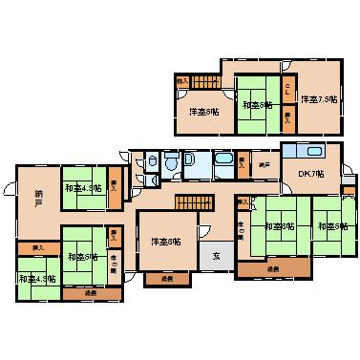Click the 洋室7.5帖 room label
pyautogui.click(x=319, y=98)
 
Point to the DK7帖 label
pyautogui.click(x=309, y=173)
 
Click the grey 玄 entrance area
pyautogui.click(x=216, y=257)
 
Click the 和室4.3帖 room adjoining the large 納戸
pyautogui.click(x=84, y=187)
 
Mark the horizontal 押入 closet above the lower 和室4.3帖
pyautogui.click(x=37, y=247)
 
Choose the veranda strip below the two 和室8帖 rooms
pyautogui.click(x=273, y=269)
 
